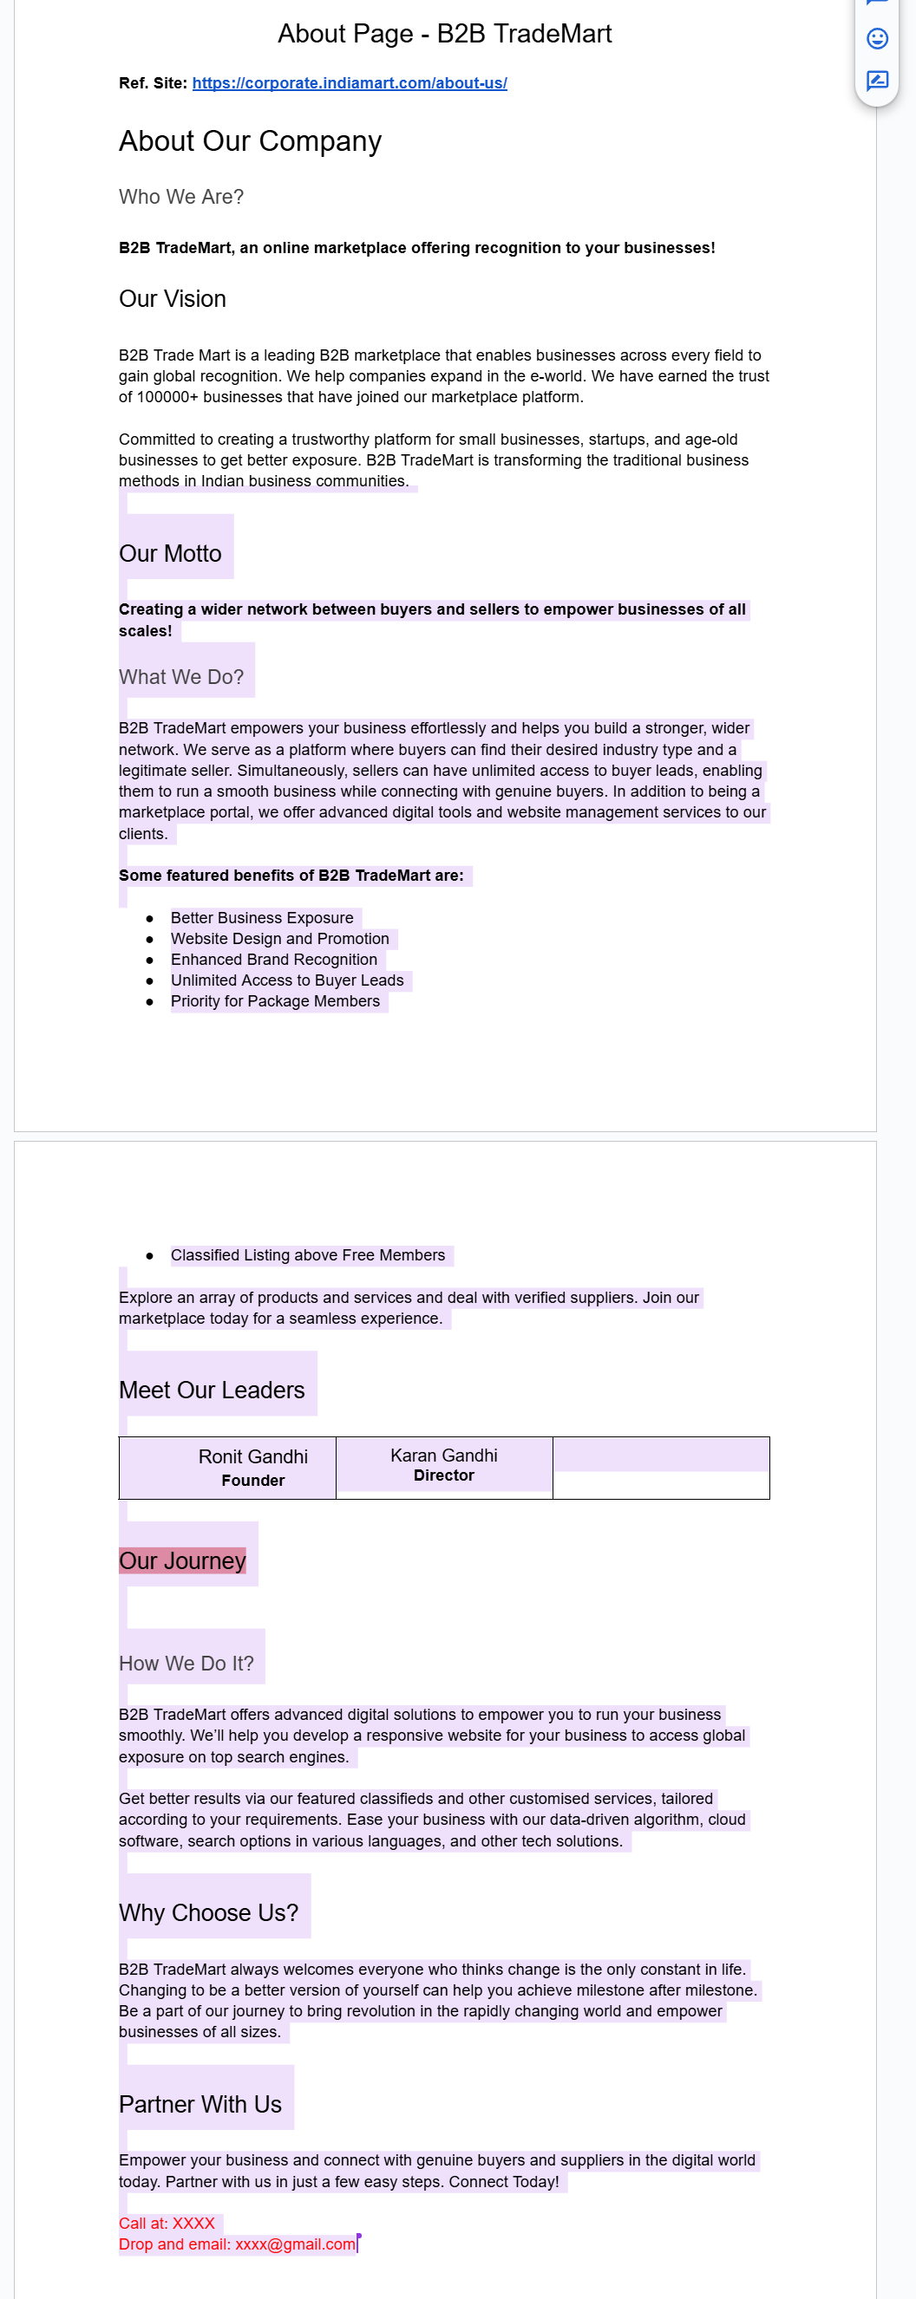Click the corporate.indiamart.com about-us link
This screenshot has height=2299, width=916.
349,83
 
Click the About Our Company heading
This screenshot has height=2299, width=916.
250,141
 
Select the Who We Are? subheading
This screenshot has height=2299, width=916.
181,196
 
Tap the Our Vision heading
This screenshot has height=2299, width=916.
173,299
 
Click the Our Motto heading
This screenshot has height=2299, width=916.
170,553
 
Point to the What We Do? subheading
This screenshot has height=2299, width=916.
181,677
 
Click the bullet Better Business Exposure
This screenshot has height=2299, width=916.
262,917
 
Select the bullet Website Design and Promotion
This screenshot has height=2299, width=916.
279,939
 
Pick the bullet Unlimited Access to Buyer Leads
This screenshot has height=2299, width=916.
286,980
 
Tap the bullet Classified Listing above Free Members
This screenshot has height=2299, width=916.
307,1254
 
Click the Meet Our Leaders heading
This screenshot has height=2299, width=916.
212,1390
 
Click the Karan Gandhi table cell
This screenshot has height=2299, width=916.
444,1464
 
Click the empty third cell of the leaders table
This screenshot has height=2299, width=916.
661,1469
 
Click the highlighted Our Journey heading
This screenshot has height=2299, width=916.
182,1561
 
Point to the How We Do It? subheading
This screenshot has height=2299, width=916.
186,1664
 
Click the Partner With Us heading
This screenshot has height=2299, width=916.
200,2105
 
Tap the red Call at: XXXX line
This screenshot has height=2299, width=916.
167,2223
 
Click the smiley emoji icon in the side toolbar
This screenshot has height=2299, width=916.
877,38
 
